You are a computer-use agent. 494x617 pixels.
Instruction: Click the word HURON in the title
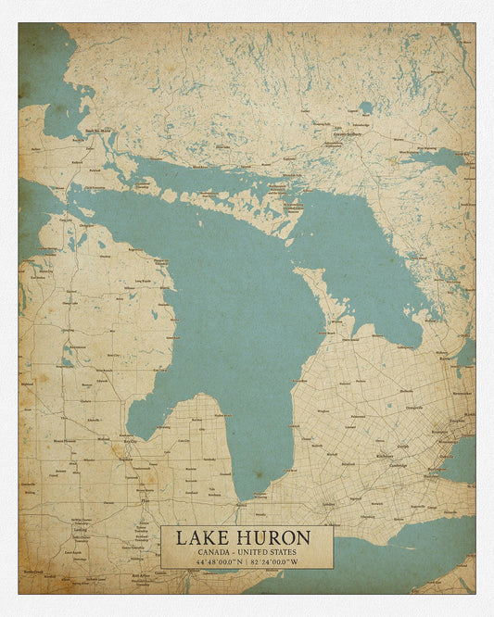tap(274, 538)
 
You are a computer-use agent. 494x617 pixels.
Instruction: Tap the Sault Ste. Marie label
tap(98, 131)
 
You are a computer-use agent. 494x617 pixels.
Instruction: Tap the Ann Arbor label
tap(140, 575)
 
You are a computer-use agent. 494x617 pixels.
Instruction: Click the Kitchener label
tap(383, 456)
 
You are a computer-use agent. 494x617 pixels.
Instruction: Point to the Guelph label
tap(402, 446)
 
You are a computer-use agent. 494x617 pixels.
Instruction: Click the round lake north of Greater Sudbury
tap(366, 107)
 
